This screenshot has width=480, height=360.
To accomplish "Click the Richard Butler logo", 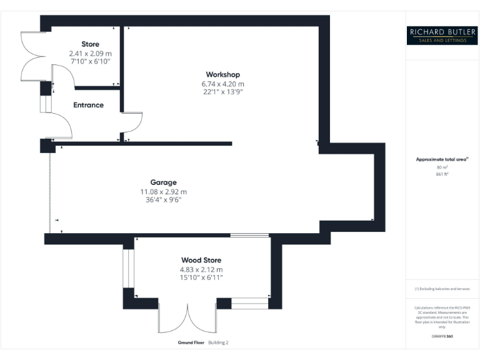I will pyautogui.click(x=441, y=35).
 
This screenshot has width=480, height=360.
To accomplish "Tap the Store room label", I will pyautogui.click(x=90, y=44).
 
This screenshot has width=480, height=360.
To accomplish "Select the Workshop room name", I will pyautogui.click(x=222, y=75).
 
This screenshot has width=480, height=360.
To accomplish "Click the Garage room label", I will pyautogui.click(x=162, y=182).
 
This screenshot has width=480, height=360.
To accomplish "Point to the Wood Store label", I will pyautogui.click(x=201, y=260).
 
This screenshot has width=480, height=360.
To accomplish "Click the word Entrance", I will pyautogui.click(x=88, y=105).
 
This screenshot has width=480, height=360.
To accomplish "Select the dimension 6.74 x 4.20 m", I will pyautogui.click(x=222, y=84).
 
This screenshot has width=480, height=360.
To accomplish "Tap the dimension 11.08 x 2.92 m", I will pyautogui.click(x=162, y=192).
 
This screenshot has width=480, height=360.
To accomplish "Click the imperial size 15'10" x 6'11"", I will pyautogui.click(x=201, y=277).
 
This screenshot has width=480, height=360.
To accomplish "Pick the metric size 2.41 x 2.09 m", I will pyautogui.click(x=90, y=53).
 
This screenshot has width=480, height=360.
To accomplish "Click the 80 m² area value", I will pyautogui.click(x=442, y=167).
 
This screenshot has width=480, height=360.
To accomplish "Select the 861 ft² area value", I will pyautogui.click(x=442, y=174).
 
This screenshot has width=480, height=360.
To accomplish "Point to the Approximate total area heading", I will pyautogui.click(x=441, y=160).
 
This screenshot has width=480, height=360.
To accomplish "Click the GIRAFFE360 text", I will pyautogui.click(x=441, y=337).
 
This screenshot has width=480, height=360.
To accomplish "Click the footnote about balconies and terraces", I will pyautogui.click(x=441, y=289).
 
